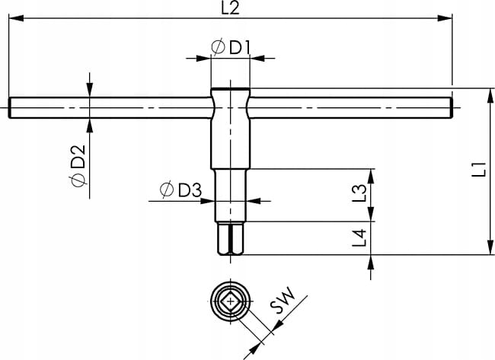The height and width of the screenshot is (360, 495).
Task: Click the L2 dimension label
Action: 230,8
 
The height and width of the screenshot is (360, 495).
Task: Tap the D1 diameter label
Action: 231,48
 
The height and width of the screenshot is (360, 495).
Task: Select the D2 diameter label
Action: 78,165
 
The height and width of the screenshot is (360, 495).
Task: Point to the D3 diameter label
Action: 180,190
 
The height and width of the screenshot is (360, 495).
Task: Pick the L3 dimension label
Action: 359,193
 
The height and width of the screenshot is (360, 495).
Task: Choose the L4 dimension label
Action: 359,238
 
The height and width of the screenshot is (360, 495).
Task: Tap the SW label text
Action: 283,301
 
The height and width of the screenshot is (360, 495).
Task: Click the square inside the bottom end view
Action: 231,301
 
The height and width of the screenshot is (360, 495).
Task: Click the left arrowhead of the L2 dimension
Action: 16,18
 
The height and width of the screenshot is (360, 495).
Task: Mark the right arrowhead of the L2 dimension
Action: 445,18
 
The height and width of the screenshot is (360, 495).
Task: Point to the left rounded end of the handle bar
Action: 10,108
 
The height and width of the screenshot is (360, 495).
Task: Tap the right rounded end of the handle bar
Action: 451,108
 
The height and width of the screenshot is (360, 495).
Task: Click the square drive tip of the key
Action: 231,238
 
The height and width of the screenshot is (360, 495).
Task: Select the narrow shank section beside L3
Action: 231,196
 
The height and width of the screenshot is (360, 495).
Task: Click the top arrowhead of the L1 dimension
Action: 490,96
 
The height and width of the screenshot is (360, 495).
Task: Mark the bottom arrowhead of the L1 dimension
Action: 490,247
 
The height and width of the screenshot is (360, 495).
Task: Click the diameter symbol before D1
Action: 218,48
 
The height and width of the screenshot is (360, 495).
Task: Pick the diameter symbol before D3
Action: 167,190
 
